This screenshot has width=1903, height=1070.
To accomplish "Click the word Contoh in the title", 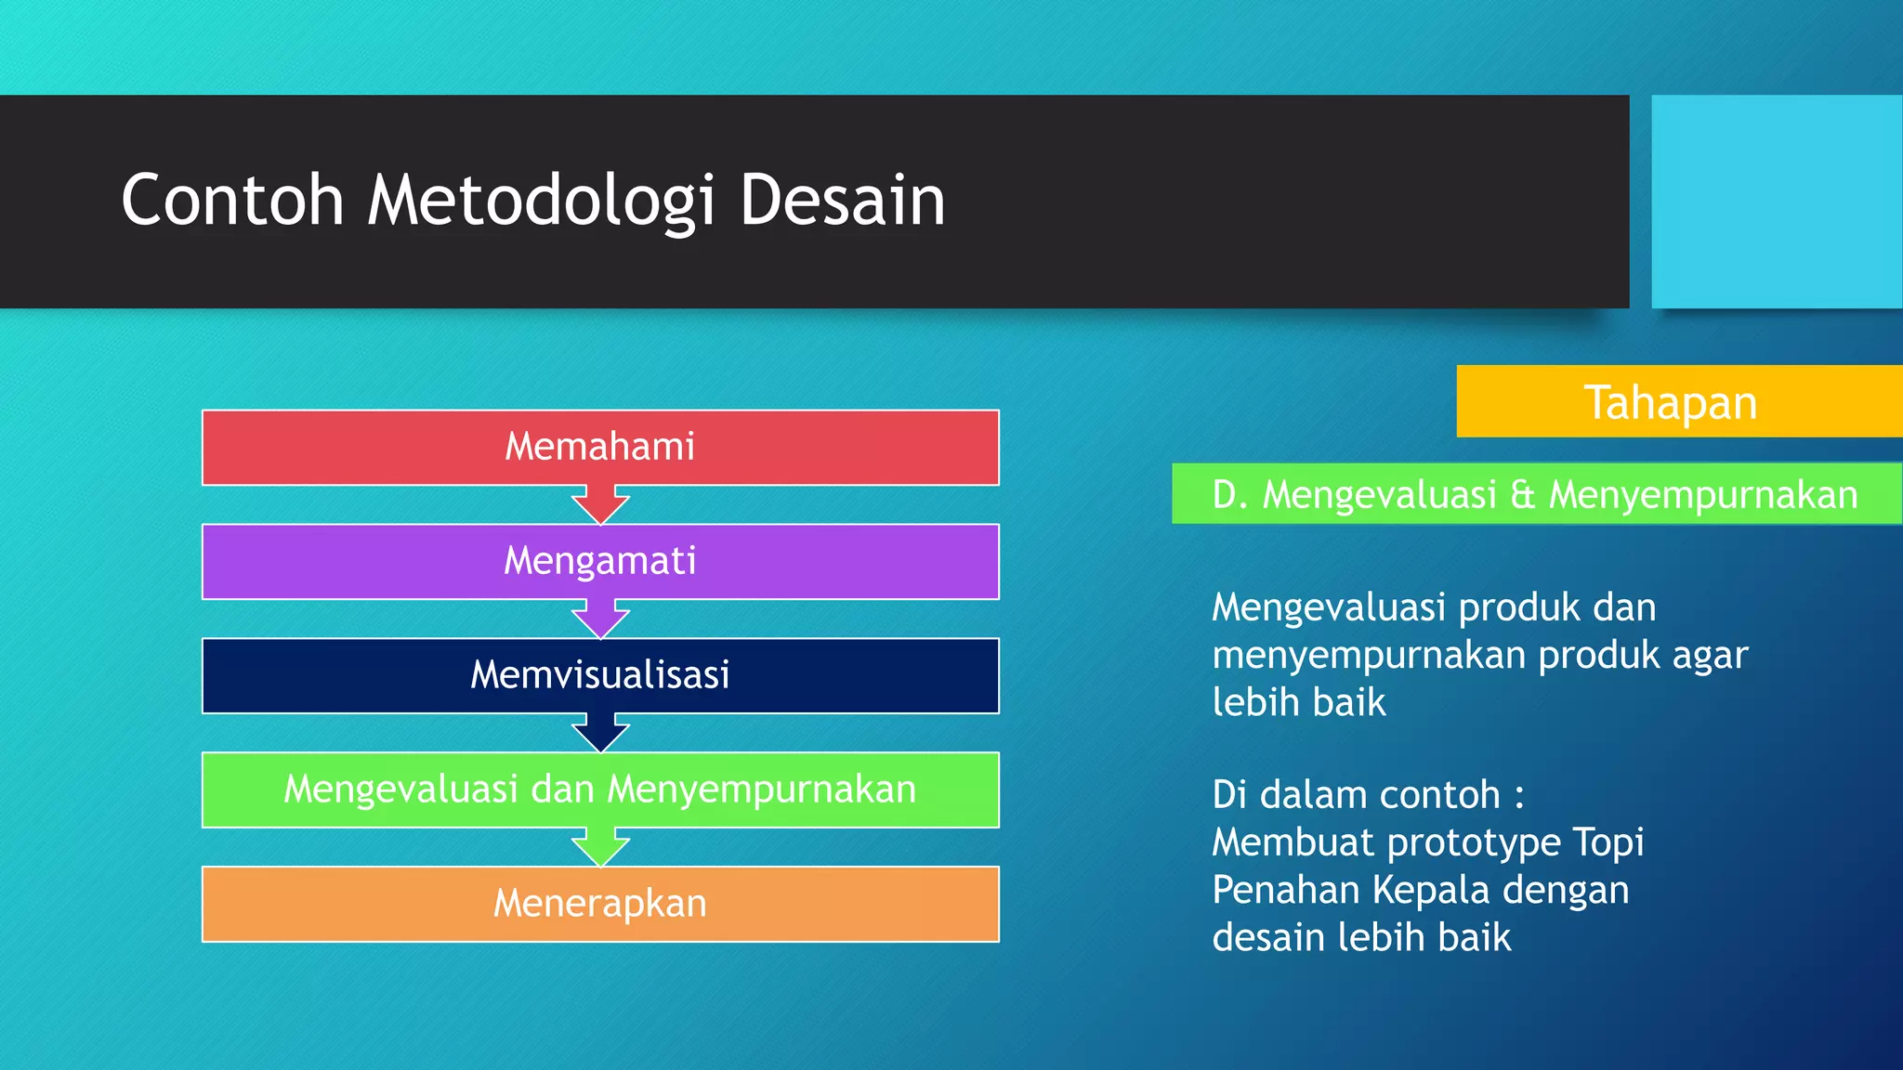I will (232, 201).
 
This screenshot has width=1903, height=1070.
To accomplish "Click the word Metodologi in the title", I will (541, 201).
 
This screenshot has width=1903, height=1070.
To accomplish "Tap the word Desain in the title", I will (842, 201).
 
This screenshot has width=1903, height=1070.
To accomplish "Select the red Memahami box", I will (600, 447).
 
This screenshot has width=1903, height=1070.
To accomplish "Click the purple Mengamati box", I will (600, 561).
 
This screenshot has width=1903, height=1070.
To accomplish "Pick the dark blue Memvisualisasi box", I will (600, 675).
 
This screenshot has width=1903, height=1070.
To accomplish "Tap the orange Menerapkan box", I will (600, 904).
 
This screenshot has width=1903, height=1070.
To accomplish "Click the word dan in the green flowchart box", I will (561, 789).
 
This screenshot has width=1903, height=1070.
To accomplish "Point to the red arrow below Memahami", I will (600, 505).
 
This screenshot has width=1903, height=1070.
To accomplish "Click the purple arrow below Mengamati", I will (600, 620).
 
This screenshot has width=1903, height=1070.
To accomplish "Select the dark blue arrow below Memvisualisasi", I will (600, 734).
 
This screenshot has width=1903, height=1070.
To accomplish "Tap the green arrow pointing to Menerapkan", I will (600, 848).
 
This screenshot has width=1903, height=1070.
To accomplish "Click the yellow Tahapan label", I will (1671, 402).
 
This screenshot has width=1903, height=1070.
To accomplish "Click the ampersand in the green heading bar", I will (1522, 494).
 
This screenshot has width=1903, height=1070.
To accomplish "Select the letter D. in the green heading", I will (1228, 494).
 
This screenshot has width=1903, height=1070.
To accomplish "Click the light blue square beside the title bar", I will (1776, 201).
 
